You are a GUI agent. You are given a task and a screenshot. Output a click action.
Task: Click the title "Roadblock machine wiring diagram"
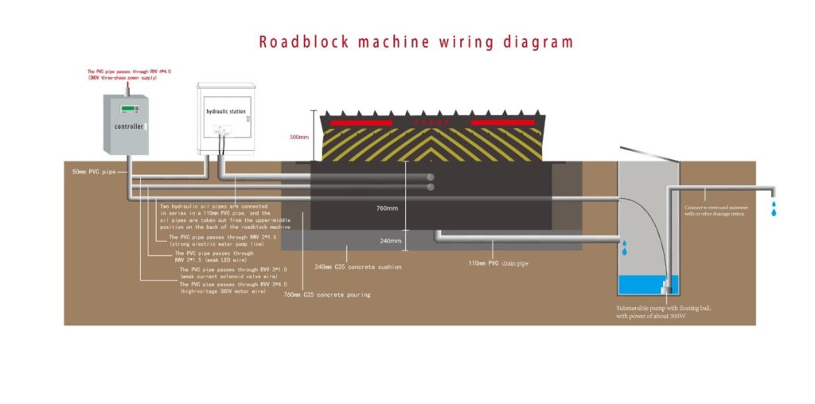click(415, 41)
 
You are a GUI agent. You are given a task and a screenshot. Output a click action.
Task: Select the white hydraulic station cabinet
click(225, 118)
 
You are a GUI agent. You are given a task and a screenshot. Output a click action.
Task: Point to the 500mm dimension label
click(298, 136)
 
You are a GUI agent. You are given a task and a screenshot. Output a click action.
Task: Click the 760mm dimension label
click(387, 208)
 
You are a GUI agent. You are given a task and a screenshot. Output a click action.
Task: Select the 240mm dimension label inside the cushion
click(387, 240)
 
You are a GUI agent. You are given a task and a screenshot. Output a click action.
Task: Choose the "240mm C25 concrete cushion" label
click(358, 266)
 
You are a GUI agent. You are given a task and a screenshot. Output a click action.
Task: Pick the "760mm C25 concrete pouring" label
click(327, 294)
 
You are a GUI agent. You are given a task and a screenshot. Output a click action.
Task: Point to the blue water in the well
click(646, 285)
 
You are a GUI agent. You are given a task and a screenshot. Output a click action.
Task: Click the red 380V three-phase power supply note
click(129, 74)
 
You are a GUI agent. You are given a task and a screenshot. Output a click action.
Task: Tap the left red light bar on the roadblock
click(363, 123)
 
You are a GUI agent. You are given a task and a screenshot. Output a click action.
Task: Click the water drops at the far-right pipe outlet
click(773, 209)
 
